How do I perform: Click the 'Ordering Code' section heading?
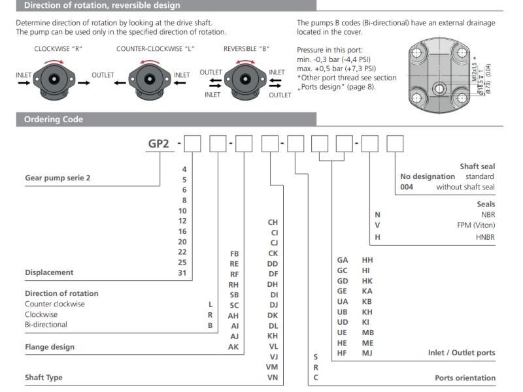point(54,120)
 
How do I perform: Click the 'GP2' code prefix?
point(159,144)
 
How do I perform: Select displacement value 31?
point(182,272)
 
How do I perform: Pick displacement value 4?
point(184,169)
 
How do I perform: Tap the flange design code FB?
point(234,253)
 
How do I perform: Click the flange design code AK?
point(233,347)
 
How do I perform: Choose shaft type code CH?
point(273,222)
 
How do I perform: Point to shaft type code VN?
point(273,378)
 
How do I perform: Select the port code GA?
point(342,259)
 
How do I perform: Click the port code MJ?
point(367,353)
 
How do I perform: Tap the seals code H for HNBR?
point(377,237)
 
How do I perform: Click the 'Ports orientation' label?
point(465,378)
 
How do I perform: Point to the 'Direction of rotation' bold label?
point(61,293)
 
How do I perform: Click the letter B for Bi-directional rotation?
point(210,325)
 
